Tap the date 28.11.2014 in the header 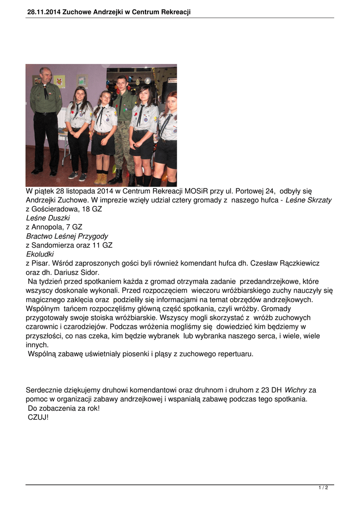[44, 12]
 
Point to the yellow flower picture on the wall [60, 81]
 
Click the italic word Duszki [59, 218]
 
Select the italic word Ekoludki [40, 254]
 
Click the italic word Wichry [295, 390]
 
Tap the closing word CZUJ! [38, 417]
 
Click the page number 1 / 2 [323, 488]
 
